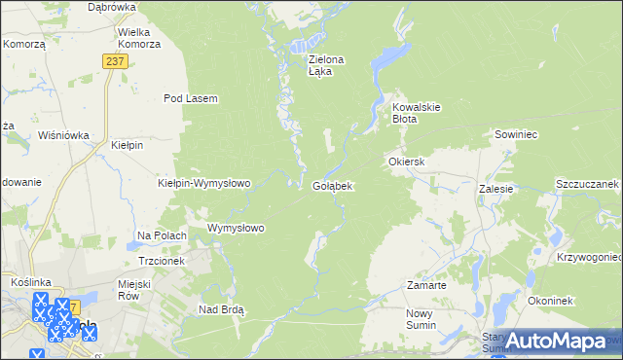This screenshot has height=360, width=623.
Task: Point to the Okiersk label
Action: pos(407,161)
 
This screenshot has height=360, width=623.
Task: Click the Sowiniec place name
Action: pos(516,135)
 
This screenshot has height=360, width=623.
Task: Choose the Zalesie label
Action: pos(495,190)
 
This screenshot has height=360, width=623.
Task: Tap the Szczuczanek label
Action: pos(587,184)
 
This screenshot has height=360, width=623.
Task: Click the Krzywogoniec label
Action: pos(589,257)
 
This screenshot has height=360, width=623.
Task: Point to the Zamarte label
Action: pos(426,286)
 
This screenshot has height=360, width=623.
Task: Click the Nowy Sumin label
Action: pos(425,319)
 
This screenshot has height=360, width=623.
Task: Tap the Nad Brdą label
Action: pos(221,309)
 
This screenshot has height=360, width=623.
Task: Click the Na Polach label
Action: pos(162,235)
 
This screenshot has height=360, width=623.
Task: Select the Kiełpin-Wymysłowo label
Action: pos(204,183)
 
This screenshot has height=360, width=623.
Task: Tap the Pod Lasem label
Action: pos(190,98)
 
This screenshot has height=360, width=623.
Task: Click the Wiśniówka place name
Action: pos(63,136)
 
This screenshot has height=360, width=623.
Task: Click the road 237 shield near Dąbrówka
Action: pos(113,60)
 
